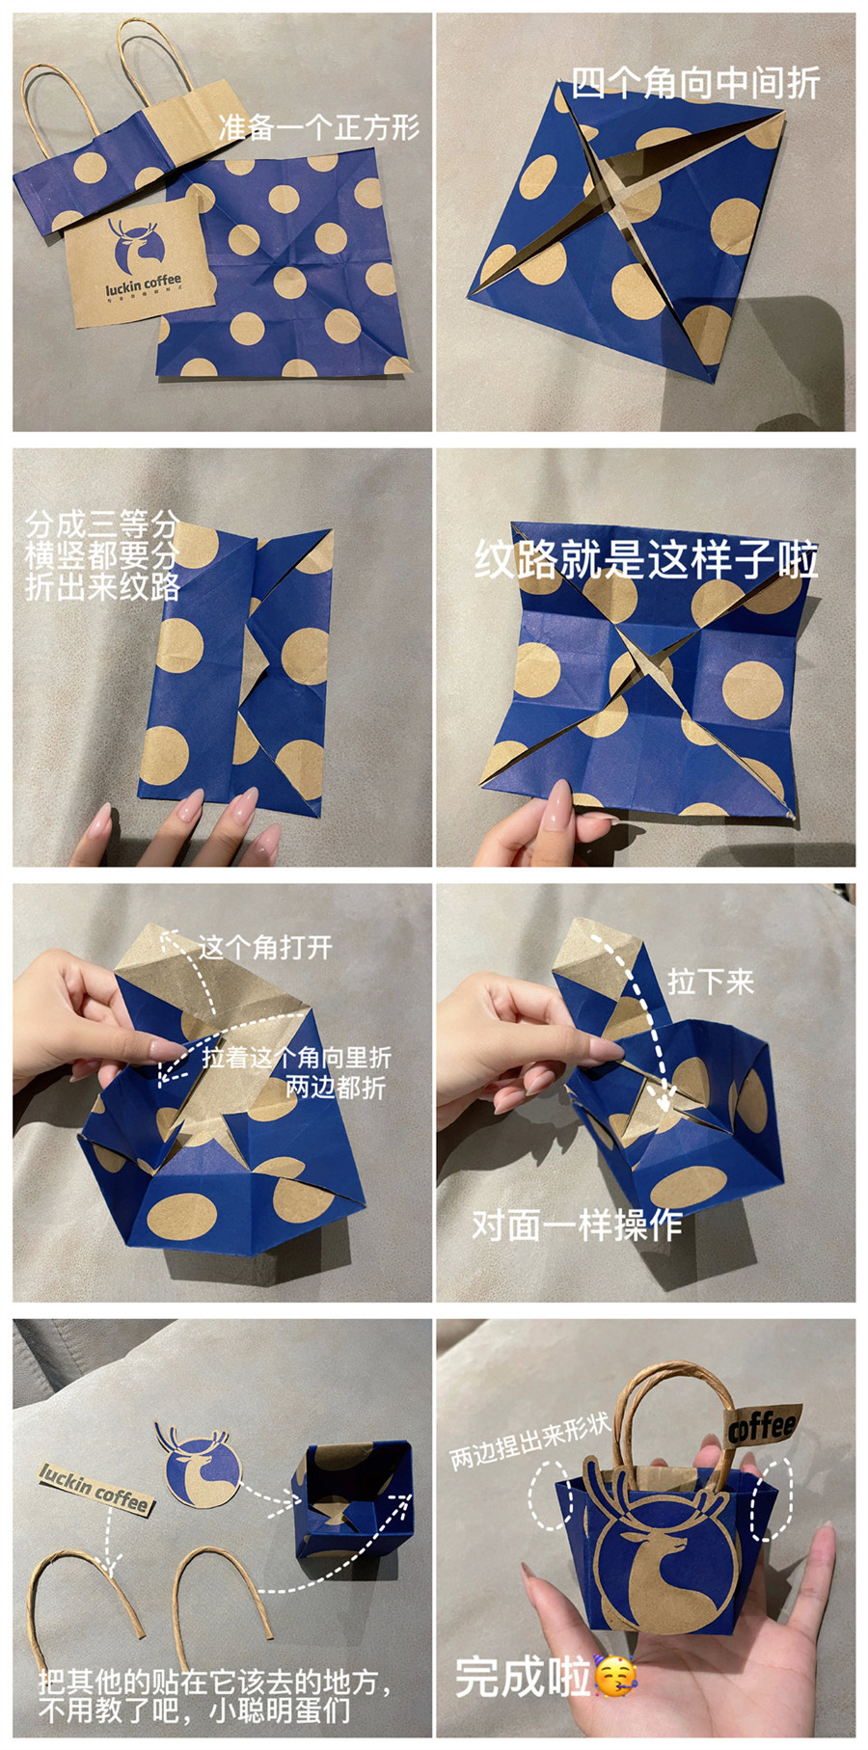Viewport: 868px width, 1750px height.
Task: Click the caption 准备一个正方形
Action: coord(318,127)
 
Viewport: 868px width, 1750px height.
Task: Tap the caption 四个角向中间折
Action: coord(694,84)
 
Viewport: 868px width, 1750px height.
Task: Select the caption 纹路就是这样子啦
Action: coord(645,560)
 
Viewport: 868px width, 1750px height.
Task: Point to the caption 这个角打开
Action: coord(265,947)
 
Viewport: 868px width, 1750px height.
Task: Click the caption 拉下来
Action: coord(710,982)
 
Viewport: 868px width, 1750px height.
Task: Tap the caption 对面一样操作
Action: coord(577,1225)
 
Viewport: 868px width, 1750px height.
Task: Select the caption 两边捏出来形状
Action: coord(529,1441)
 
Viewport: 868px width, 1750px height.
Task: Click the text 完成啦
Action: coord(522,1678)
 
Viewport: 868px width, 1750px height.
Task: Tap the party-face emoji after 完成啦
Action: coord(614,1678)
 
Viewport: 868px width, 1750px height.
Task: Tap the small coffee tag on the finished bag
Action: coord(763,1424)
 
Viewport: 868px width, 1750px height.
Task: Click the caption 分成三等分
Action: coord(102,525)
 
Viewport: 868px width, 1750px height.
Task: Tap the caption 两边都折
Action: coord(336,1088)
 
